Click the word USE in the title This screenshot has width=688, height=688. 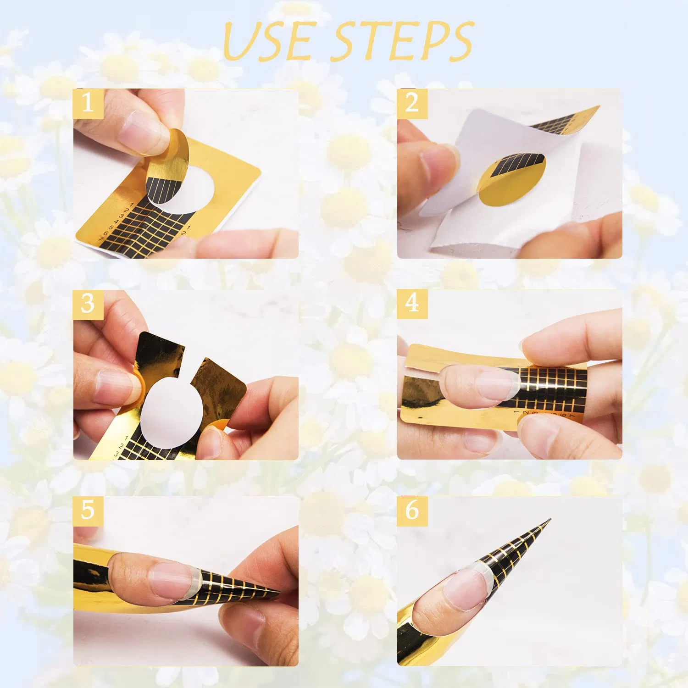coord(269,41)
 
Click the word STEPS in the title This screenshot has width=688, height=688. coord(404,41)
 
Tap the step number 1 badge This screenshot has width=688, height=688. coord(88,104)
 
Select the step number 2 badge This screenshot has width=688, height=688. coord(412,104)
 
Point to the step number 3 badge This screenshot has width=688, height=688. coord(88,304)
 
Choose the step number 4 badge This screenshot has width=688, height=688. coord(412,304)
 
